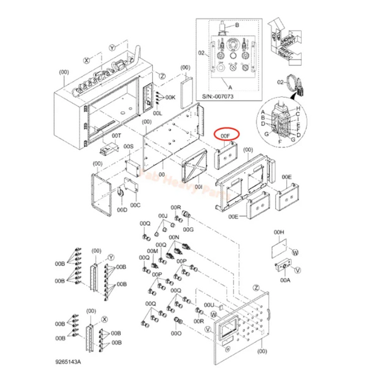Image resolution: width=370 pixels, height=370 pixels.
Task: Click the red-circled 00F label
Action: (225, 135)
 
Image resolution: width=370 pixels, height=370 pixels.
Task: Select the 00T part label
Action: (116, 135)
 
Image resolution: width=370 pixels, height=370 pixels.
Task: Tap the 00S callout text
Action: (128, 147)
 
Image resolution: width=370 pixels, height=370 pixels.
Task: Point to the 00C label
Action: (135, 204)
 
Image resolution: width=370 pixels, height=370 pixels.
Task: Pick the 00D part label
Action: (123, 210)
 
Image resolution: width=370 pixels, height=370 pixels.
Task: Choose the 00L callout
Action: (158, 114)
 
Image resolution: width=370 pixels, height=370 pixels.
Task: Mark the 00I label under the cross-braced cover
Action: (199, 187)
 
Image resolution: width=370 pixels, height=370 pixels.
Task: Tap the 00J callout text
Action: (163, 216)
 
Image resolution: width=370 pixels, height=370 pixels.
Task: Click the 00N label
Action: (173, 237)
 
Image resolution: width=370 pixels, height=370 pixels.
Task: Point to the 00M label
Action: (153, 250)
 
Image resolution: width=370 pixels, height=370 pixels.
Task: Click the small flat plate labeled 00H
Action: (279, 251)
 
